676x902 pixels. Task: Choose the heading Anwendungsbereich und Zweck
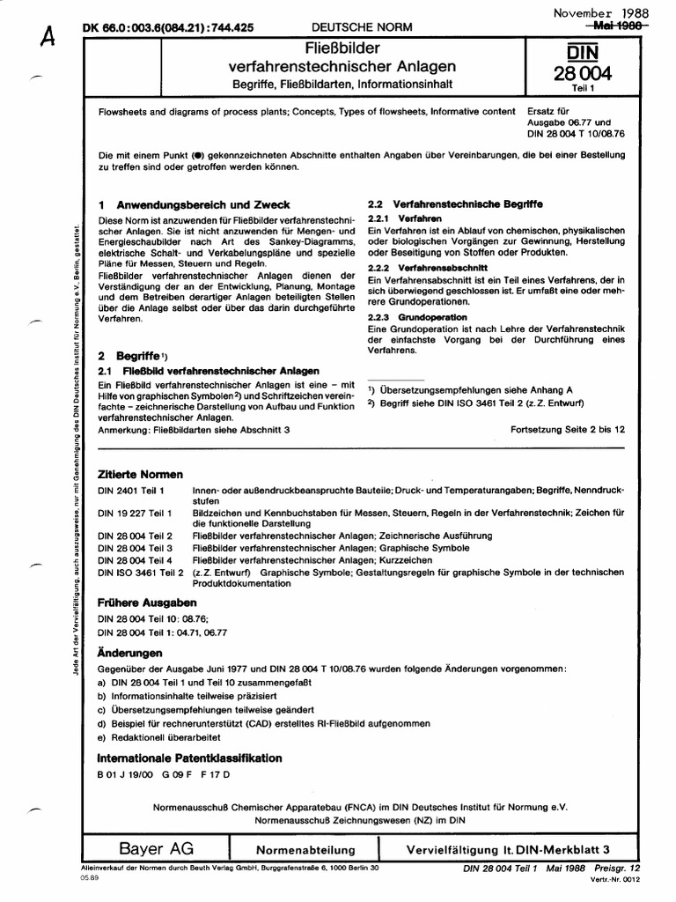coord(202,204)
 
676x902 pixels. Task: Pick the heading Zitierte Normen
coord(140,475)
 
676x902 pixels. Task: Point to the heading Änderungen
coord(129,654)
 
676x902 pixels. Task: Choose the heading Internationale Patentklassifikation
coord(189,758)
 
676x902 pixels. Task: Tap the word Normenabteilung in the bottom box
coord(305,851)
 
